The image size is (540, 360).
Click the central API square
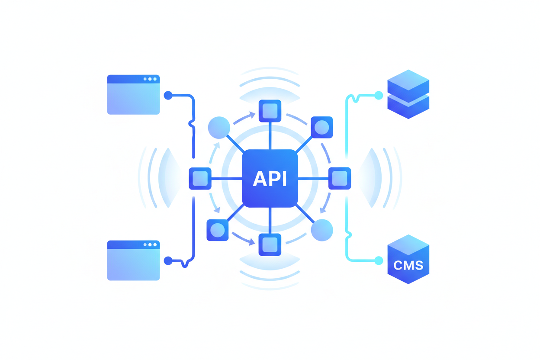tap(270, 178)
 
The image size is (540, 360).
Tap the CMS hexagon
tap(408, 260)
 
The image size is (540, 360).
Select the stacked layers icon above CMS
tap(408, 94)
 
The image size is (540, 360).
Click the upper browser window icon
tap(133, 95)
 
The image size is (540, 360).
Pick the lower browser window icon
tap(133, 260)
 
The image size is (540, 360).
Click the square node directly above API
tap(270, 111)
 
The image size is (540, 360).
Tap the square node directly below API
tap(270, 244)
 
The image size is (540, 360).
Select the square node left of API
tap(200, 178)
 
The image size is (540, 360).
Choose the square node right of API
tap(340, 178)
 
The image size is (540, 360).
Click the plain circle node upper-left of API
tap(219, 127)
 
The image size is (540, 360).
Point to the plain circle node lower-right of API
tap(322, 230)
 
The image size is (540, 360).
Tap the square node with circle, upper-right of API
tap(322, 127)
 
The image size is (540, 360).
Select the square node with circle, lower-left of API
tap(217, 230)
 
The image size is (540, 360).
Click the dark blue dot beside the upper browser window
tap(168, 95)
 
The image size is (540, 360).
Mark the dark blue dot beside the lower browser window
tap(168, 260)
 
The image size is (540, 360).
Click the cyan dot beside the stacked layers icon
tap(379, 95)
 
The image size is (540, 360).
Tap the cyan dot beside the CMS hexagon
tap(379, 260)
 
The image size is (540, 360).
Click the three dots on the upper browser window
tap(150, 79)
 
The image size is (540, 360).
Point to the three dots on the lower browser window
tap(150, 245)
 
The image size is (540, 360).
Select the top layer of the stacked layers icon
tap(408, 81)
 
